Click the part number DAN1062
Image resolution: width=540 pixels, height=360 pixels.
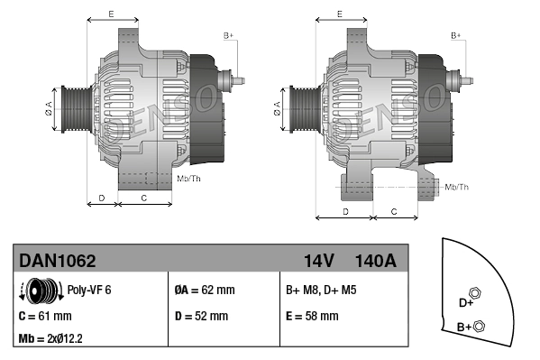click(58, 261)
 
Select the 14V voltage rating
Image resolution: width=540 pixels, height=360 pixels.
click(319, 261)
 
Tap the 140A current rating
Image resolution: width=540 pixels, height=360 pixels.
click(374, 261)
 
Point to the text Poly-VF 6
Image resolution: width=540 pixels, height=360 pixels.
click(89, 291)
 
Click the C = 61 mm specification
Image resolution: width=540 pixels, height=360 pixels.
click(45, 316)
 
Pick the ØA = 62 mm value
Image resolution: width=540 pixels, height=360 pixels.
click(204, 291)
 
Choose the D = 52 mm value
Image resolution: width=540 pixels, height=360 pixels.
click(200, 316)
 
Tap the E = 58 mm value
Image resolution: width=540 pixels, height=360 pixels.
click(312, 316)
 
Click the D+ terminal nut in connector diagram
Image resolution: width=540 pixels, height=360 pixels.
click(477, 293)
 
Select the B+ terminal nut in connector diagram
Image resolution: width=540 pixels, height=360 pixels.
click(479, 326)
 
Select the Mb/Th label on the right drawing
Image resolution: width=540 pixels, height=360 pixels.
click(456, 187)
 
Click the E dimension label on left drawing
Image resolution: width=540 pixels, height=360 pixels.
click(110, 14)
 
